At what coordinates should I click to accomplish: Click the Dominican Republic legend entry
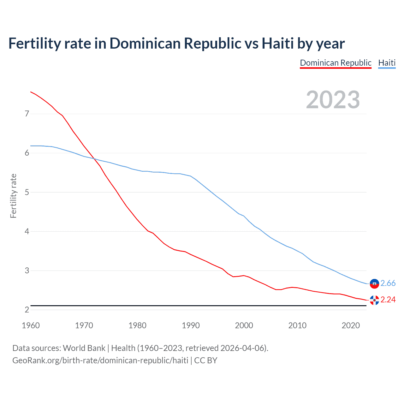(336, 63)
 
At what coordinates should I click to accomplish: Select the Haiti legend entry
(387, 63)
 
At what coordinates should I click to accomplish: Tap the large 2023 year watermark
(333, 100)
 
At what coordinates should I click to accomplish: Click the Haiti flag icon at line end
(374, 284)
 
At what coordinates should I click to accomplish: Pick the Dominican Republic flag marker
(374, 300)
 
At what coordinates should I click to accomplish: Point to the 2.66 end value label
(388, 283)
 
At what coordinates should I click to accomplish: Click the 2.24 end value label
(388, 300)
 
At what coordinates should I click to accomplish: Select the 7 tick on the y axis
(27, 114)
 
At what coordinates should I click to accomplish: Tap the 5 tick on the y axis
(27, 192)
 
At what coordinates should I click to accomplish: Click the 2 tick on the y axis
(27, 310)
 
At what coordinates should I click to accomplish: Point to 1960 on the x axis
(31, 325)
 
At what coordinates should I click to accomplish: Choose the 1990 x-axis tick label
(191, 325)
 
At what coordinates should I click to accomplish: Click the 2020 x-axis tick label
(351, 325)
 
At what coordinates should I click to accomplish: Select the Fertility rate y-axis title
(13, 196)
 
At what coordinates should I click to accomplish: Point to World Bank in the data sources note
(84, 348)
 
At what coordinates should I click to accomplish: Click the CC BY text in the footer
(205, 360)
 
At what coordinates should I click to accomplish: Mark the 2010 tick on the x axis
(297, 325)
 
